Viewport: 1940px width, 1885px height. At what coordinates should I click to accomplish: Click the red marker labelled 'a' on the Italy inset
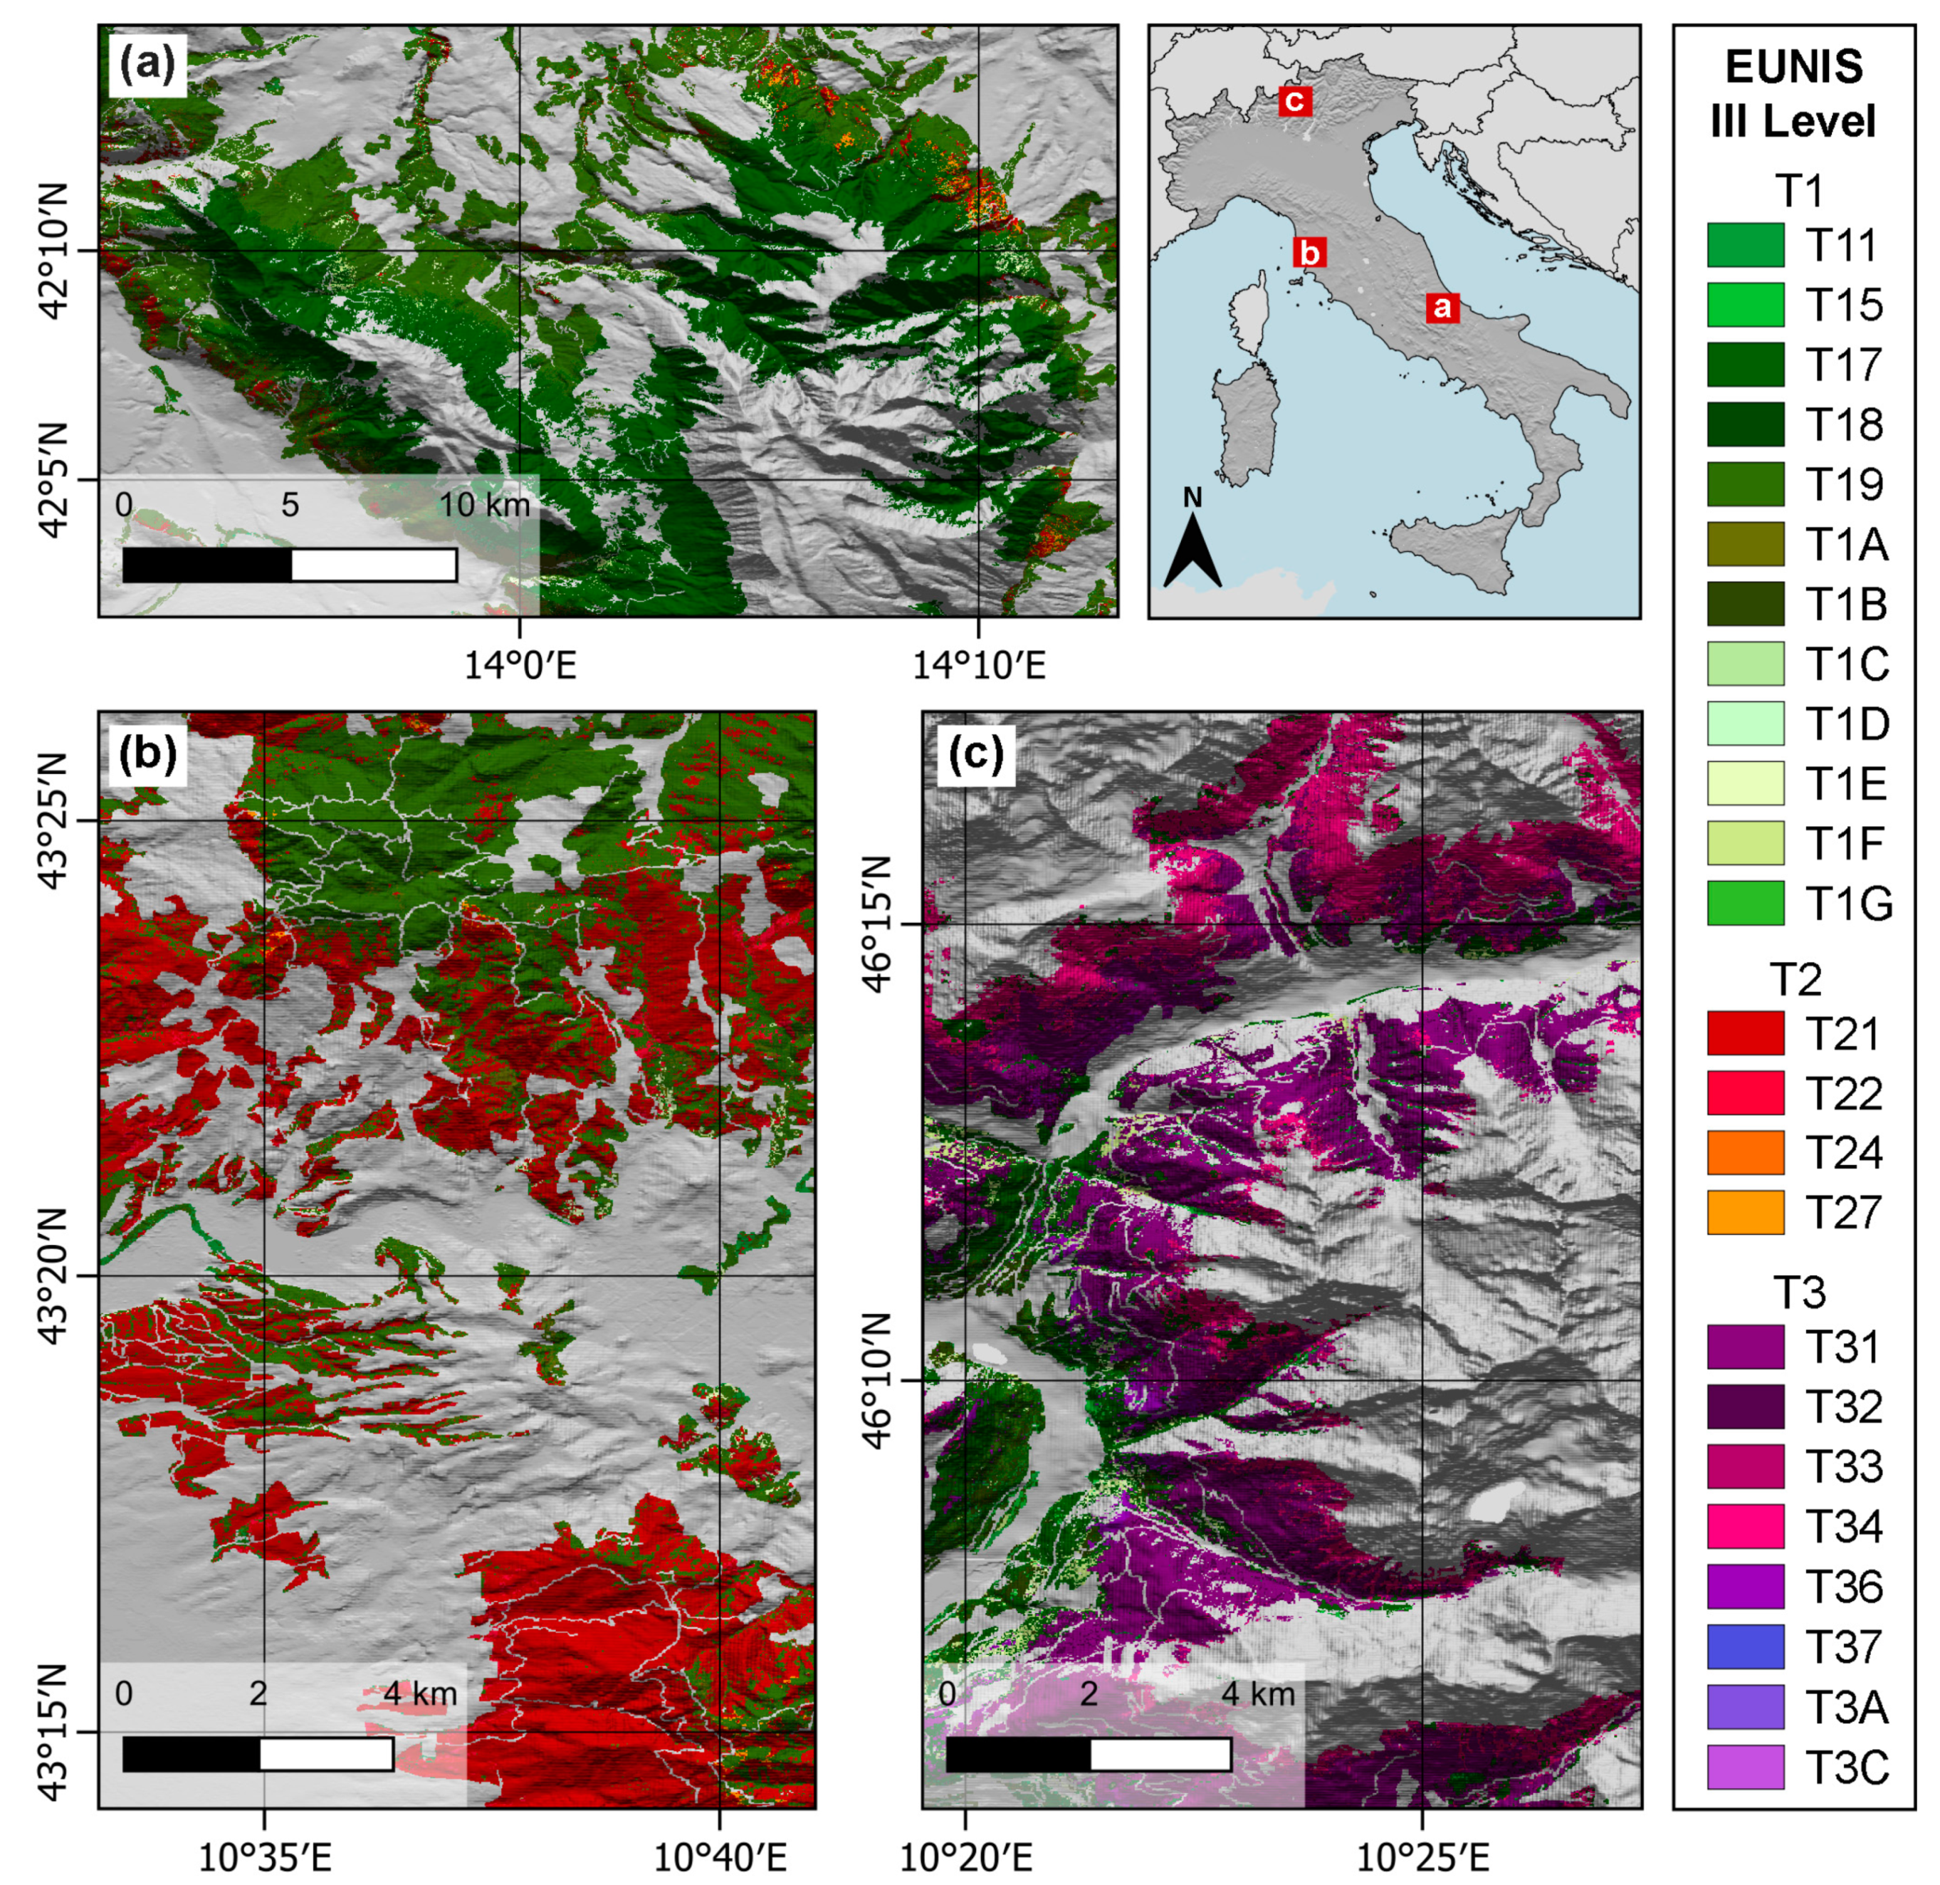click(1442, 307)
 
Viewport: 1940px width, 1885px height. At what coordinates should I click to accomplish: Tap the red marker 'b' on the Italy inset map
click(1309, 253)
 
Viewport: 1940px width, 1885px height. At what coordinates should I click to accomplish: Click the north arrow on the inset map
click(1192, 543)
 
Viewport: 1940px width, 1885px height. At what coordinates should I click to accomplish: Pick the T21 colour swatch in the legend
click(1745, 1033)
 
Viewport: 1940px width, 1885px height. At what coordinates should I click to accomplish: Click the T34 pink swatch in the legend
click(1745, 1525)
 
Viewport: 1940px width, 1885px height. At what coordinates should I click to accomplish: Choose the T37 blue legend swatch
click(1745, 1646)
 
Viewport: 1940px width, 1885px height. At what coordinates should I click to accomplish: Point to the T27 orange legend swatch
click(1745, 1212)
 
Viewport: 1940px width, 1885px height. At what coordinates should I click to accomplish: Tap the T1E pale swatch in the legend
click(1745, 783)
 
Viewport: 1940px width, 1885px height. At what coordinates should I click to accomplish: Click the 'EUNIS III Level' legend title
click(1793, 94)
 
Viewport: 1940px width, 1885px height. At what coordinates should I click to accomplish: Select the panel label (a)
click(147, 66)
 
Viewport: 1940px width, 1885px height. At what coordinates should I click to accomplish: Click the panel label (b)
click(147, 754)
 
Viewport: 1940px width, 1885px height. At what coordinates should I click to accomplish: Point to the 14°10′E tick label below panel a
click(978, 665)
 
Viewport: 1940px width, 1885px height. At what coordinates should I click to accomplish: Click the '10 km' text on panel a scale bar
click(484, 505)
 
